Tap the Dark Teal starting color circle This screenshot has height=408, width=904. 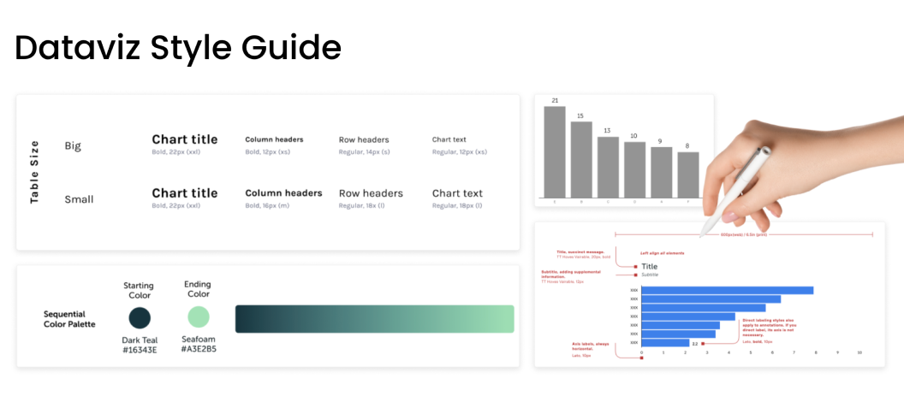click(140, 318)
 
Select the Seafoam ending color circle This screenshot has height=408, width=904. click(198, 317)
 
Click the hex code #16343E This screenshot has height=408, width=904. click(140, 349)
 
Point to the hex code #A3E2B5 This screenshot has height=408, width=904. click(199, 349)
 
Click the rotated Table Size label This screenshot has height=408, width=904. click(35, 172)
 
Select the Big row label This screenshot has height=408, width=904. click(73, 145)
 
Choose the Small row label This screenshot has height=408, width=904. click(79, 199)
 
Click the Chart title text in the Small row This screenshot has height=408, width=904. click(185, 192)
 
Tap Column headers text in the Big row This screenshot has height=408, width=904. click(274, 139)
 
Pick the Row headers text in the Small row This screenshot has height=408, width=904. click(371, 193)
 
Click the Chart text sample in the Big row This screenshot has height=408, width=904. click(449, 139)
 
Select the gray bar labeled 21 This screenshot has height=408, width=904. click(555, 151)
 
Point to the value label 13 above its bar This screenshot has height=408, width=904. click(608, 131)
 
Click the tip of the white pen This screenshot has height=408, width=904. click(701, 235)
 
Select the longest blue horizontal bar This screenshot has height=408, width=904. click(727, 290)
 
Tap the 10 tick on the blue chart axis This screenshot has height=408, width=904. click(859, 352)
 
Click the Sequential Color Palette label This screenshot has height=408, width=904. click(69, 319)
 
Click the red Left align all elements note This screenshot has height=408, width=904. click(662, 253)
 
